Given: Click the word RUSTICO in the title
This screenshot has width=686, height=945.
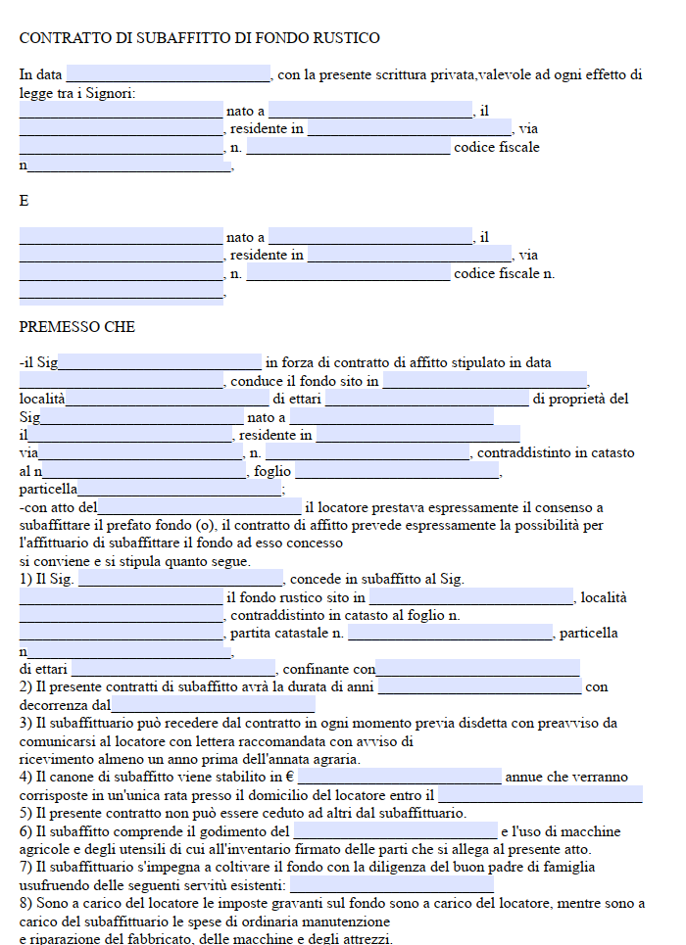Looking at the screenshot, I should tap(346, 38).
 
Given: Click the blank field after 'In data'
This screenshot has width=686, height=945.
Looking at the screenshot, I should tap(169, 74).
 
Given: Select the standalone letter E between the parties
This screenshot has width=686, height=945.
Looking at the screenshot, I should tap(24, 201).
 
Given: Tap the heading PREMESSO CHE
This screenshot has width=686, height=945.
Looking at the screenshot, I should tap(77, 327).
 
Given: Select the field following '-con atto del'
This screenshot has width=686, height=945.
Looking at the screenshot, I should tap(200, 507).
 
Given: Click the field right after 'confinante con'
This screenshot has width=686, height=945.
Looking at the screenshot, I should tap(477, 670).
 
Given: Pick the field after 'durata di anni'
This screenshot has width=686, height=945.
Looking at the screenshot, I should tap(479, 687).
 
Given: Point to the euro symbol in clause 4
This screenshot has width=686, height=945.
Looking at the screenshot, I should tap(291, 778).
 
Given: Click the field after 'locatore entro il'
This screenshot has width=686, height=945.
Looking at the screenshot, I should tap(540, 795).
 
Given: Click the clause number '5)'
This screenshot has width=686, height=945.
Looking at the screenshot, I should tap(25, 813).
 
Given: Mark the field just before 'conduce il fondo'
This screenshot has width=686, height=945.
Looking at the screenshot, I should tap(122, 381).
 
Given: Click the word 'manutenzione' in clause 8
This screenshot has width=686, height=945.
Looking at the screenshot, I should tap(348, 921).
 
